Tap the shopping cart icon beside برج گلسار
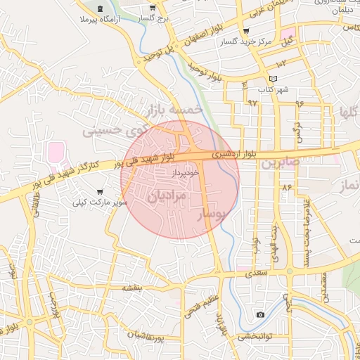tap(153, 8)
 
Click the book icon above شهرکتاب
tap(274, 78)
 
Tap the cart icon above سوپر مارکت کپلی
tap(101, 191)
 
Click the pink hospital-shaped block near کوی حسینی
tap(56, 151)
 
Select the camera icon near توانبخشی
tap(260, 314)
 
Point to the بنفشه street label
tap(132, 288)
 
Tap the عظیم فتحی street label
tap(202, 307)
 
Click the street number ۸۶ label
tap(286, 188)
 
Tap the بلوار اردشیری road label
tap(230, 152)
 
